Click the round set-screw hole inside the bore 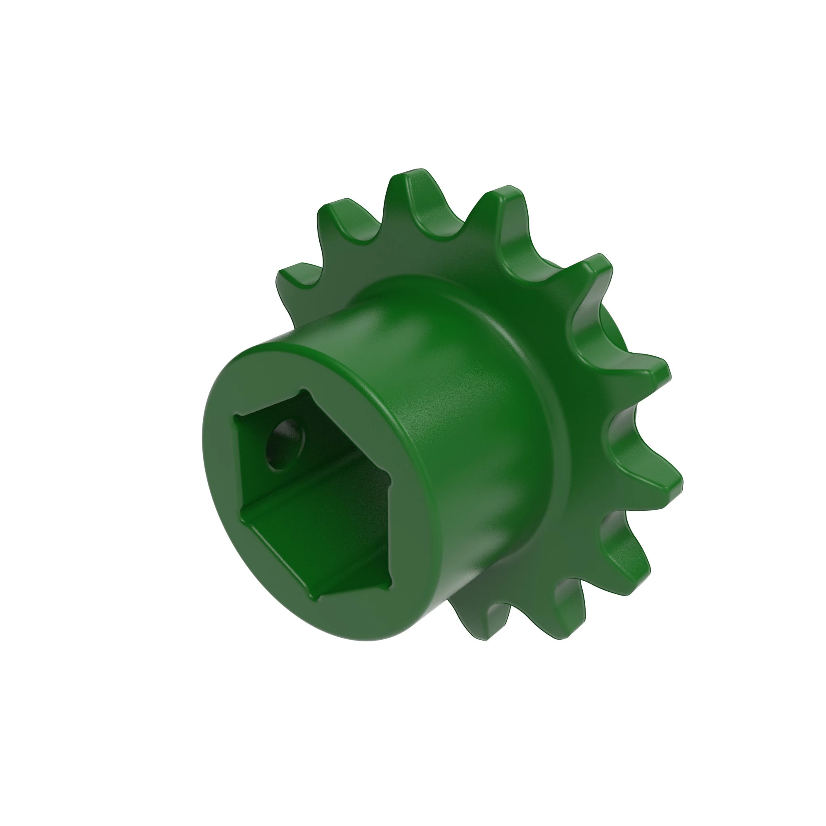tap(283, 445)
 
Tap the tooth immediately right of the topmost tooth tap(505, 201)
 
